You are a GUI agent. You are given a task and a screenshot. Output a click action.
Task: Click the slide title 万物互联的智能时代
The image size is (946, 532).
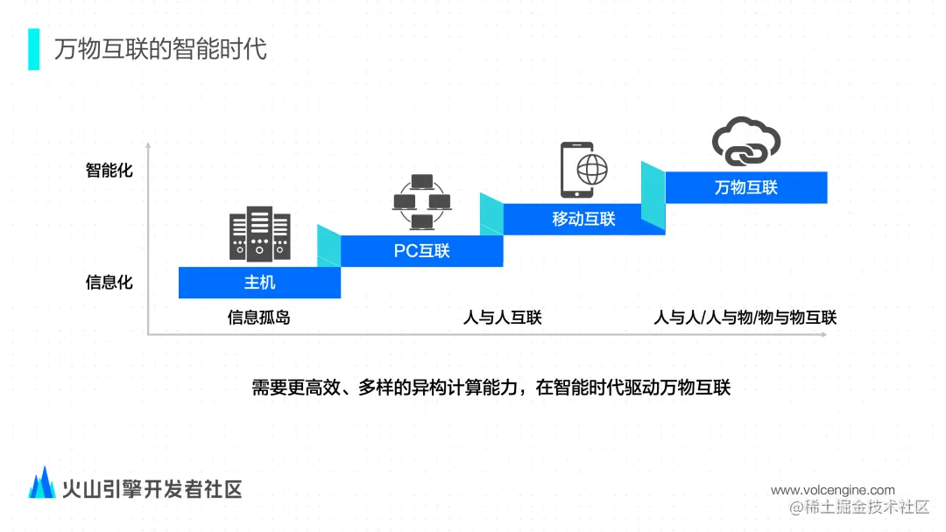pyautogui.click(x=160, y=48)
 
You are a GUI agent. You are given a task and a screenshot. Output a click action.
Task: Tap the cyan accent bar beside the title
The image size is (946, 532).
pyautogui.click(x=34, y=49)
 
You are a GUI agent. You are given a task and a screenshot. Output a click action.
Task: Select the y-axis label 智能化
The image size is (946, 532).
pyautogui.click(x=109, y=170)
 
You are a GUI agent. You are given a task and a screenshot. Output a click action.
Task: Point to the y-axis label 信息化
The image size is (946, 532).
pyautogui.click(x=109, y=283)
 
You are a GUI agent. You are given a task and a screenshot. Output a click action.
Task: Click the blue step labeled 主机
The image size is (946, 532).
pyautogui.click(x=259, y=283)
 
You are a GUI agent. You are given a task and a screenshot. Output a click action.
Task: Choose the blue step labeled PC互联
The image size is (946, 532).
pyautogui.click(x=421, y=250)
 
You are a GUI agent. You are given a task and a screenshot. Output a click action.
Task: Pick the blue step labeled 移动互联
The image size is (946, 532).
pyautogui.click(x=583, y=219)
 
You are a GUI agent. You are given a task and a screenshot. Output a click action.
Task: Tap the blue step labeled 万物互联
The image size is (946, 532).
pyautogui.click(x=746, y=187)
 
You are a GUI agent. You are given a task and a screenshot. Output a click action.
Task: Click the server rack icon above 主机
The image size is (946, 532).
pyautogui.click(x=259, y=233)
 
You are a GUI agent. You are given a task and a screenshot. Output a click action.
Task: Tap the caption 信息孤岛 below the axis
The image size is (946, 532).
pyautogui.click(x=259, y=318)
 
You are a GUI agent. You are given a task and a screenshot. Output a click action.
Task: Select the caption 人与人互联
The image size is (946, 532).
pyautogui.click(x=503, y=318)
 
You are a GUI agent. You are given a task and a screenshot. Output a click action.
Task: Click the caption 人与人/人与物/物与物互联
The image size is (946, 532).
pyautogui.click(x=745, y=318)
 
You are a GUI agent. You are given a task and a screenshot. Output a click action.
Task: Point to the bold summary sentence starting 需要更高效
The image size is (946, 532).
pyautogui.click(x=491, y=388)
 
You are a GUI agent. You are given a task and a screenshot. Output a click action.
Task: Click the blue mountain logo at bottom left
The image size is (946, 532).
pyautogui.click(x=42, y=482)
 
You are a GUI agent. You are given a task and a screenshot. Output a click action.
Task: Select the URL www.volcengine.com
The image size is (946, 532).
pyautogui.click(x=833, y=490)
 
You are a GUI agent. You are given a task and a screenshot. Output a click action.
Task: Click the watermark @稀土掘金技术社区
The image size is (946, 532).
pyautogui.click(x=859, y=507)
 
